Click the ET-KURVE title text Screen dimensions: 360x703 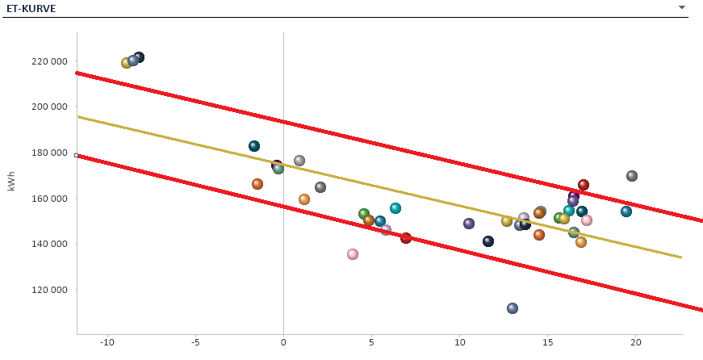33,8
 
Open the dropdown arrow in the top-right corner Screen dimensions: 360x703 682,7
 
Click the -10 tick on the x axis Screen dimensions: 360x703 107,343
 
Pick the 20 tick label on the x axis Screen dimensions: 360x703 635,343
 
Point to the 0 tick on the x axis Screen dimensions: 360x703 283,343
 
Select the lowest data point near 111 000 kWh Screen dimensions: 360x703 513,308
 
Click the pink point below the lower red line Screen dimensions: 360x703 353,254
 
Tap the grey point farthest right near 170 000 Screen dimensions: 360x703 632,176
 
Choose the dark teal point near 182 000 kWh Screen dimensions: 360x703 254,146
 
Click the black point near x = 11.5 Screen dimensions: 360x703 488,241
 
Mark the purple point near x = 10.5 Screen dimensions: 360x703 469,224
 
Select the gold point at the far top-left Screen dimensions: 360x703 126,63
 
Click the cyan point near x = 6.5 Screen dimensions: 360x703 395,208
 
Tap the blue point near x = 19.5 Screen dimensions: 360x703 626,211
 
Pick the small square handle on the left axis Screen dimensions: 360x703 77,155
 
